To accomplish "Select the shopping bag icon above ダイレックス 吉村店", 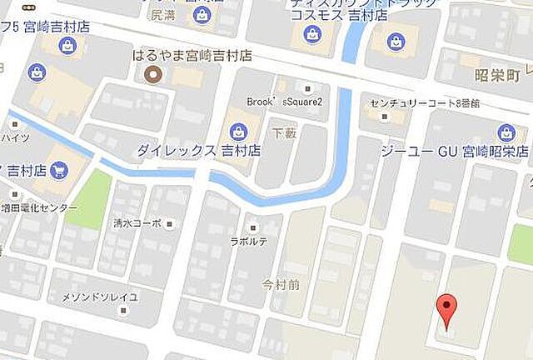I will point(238,131).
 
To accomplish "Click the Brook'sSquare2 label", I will point(284,102).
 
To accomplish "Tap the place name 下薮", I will point(285,131).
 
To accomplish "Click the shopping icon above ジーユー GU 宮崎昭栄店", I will point(505,132).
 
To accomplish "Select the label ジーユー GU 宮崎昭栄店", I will point(454,152).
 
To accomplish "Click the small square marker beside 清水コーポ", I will point(171,223).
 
